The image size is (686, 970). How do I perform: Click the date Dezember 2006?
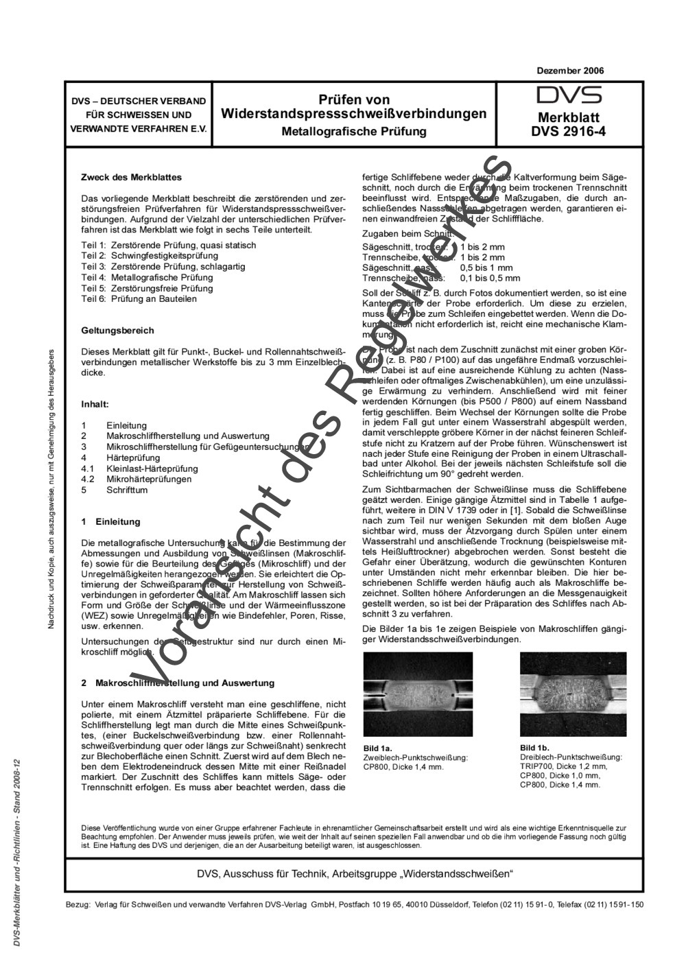(x=570, y=71)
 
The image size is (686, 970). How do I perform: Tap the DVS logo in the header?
(x=569, y=95)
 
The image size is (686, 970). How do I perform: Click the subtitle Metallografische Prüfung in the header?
(x=353, y=131)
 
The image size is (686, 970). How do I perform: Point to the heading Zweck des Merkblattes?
(x=131, y=177)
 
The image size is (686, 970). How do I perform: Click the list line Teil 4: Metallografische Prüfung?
(x=147, y=277)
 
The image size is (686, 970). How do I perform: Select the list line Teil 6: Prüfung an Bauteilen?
(x=139, y=298)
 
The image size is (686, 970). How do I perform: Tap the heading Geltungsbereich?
(x=117, y=330)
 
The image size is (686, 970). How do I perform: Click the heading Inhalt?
(x=95, y=404)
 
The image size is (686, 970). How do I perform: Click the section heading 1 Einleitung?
(x=110, y=521)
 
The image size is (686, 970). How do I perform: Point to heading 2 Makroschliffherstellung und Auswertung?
(x=178, y=683)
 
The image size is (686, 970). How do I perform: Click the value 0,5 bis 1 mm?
(x=486, y=268)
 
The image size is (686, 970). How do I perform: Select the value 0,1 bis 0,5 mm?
(x=490, y=278)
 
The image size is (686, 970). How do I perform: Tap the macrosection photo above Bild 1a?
(x=418, y=694)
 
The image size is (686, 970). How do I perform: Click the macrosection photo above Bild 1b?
(x=573, y=694)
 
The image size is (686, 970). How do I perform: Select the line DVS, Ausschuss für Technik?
(x=355, y=874)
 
